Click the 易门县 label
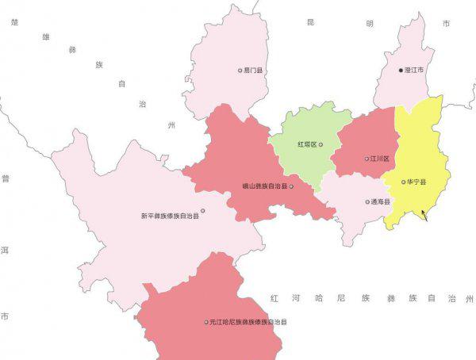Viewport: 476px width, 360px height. coord(254,71)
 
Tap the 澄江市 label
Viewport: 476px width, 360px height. coord(415,71)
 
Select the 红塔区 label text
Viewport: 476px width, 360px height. coord(306,144)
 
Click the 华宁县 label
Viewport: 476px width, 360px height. coord(416,182)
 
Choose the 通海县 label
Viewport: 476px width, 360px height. coord(381,201)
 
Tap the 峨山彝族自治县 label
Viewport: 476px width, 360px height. coord(265,187)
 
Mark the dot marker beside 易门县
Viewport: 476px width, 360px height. coord(240,71)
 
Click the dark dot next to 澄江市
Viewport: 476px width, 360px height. coord(401,71)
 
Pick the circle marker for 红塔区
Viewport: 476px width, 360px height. coord(321,144)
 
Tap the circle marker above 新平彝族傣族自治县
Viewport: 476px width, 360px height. coord(203,210)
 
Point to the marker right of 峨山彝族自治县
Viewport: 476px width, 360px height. coord(291,187)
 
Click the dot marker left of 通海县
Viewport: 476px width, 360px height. coord(367,201)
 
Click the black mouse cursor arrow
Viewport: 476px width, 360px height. coord(424,214)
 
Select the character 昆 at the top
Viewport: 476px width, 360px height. coord(310,22)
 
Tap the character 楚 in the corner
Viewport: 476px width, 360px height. coord(14,22)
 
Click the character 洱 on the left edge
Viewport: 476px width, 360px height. coord(5,250)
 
